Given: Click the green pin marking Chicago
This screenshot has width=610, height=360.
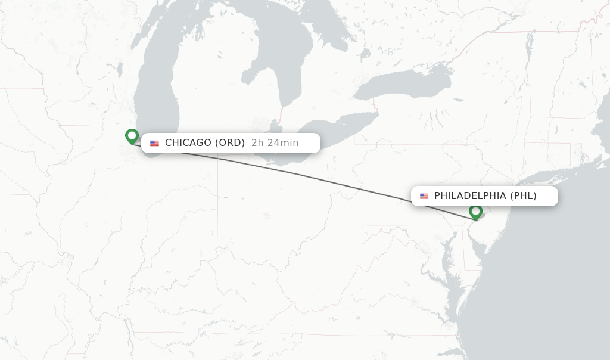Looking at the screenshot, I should [x=132, y=136].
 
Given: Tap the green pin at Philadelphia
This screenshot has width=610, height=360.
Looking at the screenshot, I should [x=475, y=211].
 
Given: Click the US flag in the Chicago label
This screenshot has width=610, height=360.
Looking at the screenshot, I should [x=155, y=143].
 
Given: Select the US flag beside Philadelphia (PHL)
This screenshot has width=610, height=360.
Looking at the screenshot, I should [x=424, y=196].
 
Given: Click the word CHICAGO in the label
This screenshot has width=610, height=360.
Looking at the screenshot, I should [x=188, y=143].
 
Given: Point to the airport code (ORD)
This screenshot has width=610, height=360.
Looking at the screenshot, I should [x=231, y=143].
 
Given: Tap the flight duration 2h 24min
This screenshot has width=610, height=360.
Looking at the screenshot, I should [x=275, y=143].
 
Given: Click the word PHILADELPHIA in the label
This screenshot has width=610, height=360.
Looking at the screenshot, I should [x=471, y=196].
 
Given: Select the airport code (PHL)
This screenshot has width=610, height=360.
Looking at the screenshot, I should [x=524, y=196].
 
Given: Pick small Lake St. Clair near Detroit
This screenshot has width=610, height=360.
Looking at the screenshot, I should [x=275, y=126].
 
